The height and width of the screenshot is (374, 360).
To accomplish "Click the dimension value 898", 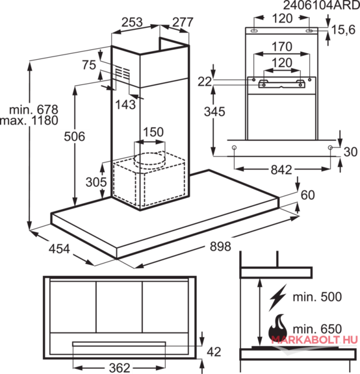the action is [220, 246].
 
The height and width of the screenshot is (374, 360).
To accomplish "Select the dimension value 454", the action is [59, 249].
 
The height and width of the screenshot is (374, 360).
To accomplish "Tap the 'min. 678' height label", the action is [34, 110].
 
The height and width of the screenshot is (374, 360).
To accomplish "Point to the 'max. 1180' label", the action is [29, 121].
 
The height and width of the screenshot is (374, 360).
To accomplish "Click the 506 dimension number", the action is [75, 136].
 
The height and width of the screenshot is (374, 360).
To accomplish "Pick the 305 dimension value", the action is [96, 182].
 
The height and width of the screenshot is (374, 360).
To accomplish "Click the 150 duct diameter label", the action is [153, 132].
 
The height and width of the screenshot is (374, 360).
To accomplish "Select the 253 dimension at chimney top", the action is [132, 22].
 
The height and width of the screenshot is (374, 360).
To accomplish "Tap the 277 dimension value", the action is [183, 23].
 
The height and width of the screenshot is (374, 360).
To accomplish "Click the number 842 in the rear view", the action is [281, 170].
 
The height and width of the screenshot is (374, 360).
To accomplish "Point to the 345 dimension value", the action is [214, 112].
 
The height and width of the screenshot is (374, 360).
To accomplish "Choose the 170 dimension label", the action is [282, 47].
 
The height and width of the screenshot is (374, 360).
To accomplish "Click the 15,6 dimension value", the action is [344, 30].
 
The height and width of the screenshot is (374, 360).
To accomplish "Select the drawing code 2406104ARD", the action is [321, 5].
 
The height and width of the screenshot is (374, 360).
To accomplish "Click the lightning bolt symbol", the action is [277, 297].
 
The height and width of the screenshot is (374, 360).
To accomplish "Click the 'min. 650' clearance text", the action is [317, 329].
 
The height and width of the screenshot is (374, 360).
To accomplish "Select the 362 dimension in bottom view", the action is [120, 368].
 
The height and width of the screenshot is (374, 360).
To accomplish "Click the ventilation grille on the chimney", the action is [123, 72].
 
